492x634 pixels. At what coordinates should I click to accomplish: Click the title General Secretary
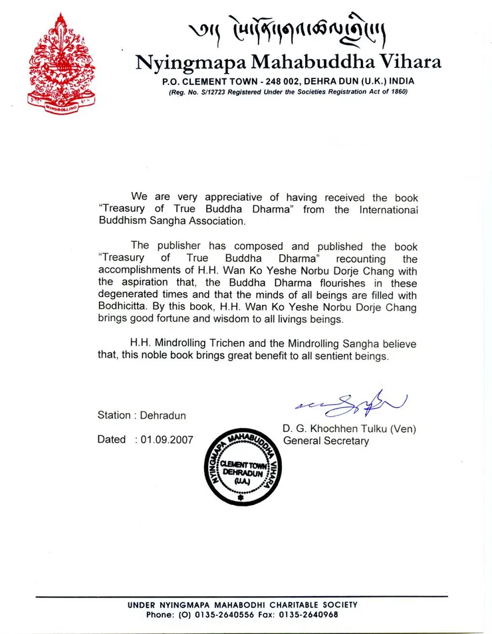(x=326, y=441)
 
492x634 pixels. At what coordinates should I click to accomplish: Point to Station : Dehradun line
(x=141, y=415)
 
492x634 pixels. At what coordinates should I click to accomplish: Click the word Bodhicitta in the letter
(x=127, y=306)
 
